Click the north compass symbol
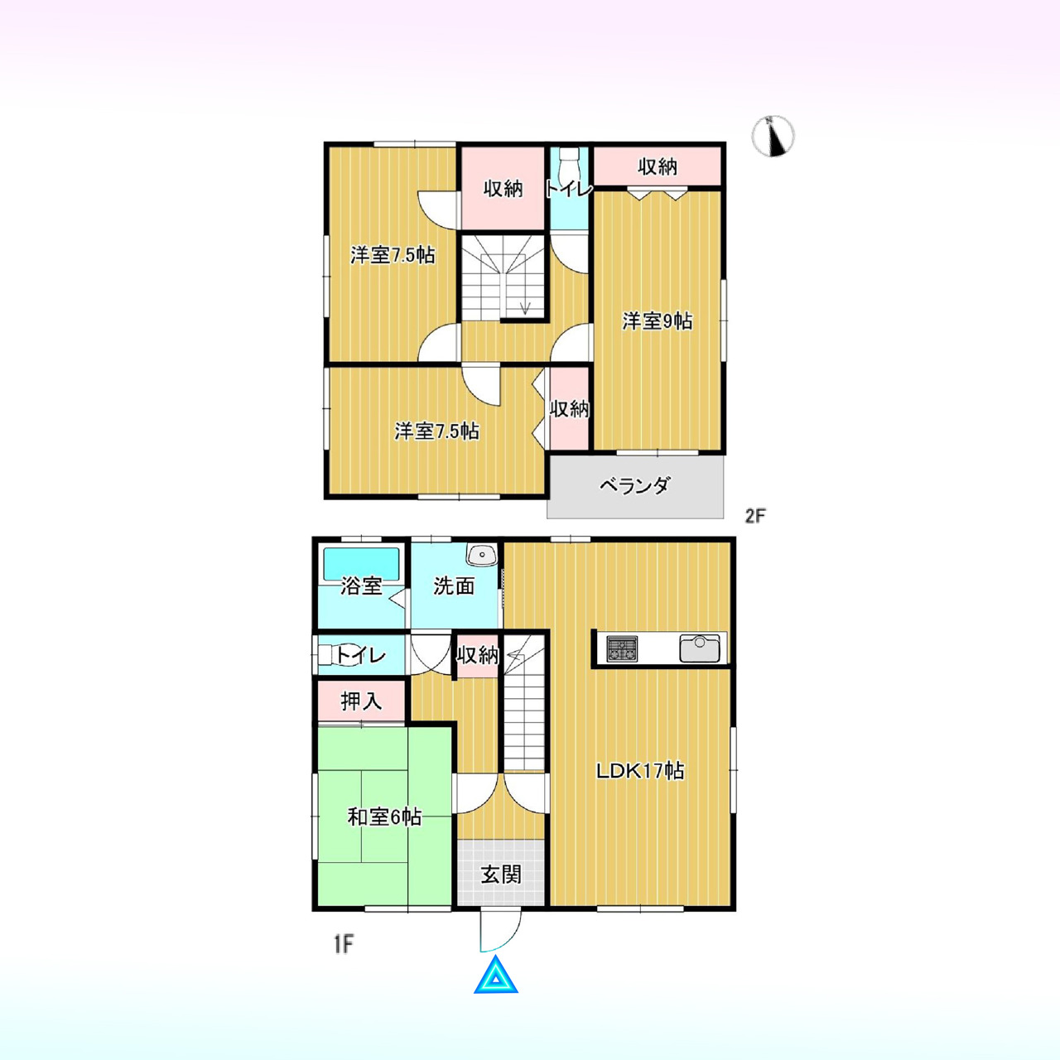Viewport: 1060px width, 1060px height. (x=773, y=136)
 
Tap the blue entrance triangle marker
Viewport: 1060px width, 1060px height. (x=495, y=990)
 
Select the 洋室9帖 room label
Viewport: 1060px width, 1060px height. (x=658, y=321)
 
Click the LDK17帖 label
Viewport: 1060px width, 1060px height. (x=641, y=771)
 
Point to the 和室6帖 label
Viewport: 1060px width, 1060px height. (x=384, y=817)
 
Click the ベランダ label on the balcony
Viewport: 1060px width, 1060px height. (x=635, y=486)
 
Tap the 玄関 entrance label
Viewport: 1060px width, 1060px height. (x=501, y=874)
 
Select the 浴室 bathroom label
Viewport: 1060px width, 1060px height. (x=361, y=585)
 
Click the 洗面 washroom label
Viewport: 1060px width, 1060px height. (x=454, y=585)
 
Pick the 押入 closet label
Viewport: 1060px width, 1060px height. (x=361, y=701)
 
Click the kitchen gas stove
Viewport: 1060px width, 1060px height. (x=622, y=648)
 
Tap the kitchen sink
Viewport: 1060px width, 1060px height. (x=700, y=648)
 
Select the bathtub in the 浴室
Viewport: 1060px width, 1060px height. (x=361, y=563)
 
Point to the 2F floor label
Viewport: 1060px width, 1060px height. (x=754, y=515)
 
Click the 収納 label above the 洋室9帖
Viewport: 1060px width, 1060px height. (x=658, y=166)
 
